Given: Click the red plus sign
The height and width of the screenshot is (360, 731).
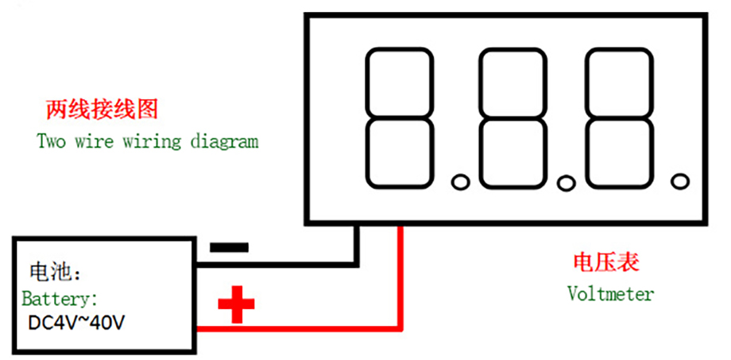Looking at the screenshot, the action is click(236, 304).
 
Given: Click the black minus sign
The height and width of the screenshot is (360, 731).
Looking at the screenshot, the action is click(229, 247).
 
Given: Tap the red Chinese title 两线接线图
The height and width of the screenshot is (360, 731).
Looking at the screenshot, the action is click(102, 110).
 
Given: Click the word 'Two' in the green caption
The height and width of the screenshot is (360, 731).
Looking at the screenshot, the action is click(52, 141).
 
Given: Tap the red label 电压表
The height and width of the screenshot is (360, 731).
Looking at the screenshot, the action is click(606, 262).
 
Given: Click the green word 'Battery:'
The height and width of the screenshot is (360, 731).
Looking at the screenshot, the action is click(60, 299).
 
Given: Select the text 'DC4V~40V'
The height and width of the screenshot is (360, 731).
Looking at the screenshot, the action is click(76, 323).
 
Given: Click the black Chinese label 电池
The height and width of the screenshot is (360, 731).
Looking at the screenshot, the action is click(50, 272).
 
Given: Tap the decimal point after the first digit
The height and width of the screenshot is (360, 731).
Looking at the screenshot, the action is click(461, 182).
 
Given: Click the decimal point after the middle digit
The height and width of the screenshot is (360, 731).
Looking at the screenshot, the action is click(567, 183).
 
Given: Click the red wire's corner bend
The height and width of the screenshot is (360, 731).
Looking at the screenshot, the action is click(400, 328).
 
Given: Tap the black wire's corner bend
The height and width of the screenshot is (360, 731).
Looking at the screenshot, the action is click(356, 265).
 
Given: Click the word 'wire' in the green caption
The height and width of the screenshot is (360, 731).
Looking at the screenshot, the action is click(95, 141).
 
